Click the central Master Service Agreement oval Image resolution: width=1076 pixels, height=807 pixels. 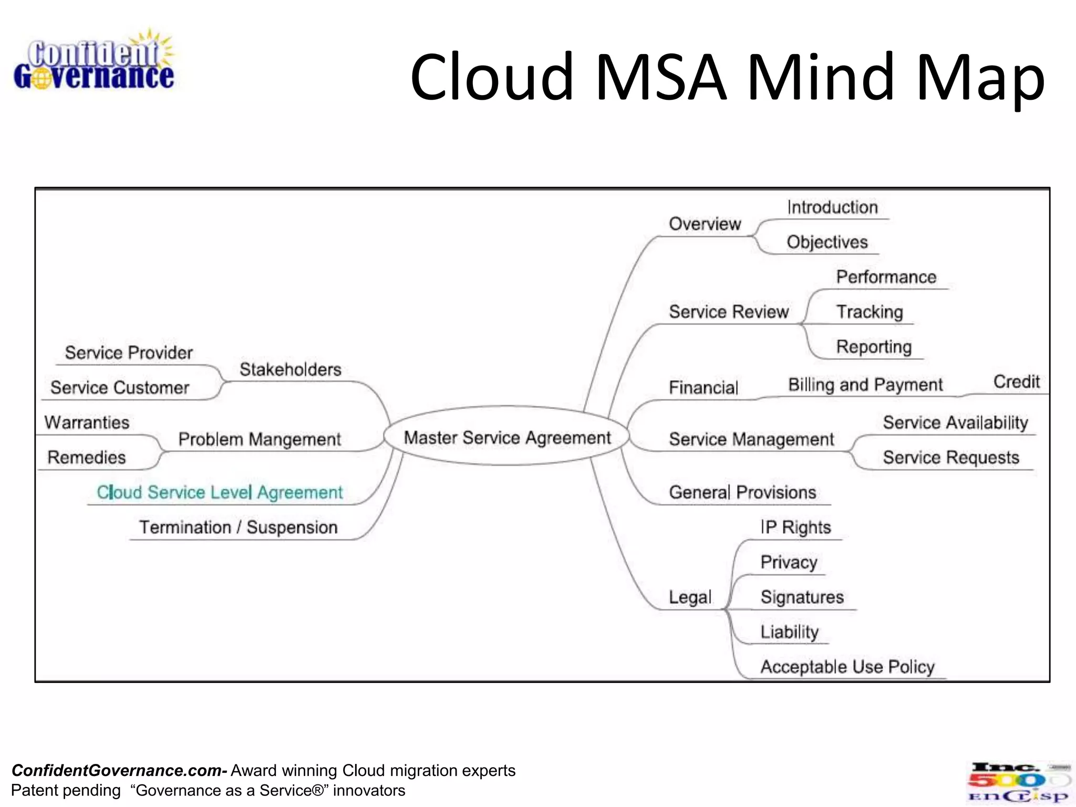coord(506,437)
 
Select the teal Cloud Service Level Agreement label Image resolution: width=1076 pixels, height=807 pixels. coord(220,492)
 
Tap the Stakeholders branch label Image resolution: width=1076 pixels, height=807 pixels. coord(290,369)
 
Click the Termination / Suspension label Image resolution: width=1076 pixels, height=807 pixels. coord(238,527)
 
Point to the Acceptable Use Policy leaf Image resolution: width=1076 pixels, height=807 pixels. coord(847,667)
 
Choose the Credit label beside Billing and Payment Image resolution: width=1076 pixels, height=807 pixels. coord(1016,381)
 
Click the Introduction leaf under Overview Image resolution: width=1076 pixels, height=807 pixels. coord(832,207)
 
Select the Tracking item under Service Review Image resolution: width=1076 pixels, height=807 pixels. coord(870,312)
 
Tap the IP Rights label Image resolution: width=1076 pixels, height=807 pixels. coord(795,527)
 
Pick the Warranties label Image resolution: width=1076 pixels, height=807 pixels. coord(87,422)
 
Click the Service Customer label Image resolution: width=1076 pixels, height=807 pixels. coord(120,388)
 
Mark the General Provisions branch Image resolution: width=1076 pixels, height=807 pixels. coord(742,492)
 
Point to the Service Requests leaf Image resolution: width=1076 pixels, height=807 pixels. coord(950,457)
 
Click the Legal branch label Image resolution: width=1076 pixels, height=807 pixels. coord(690,597)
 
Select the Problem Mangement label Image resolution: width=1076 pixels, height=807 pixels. coord(260,439)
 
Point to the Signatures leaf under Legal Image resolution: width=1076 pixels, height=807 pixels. coord(802,597)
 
